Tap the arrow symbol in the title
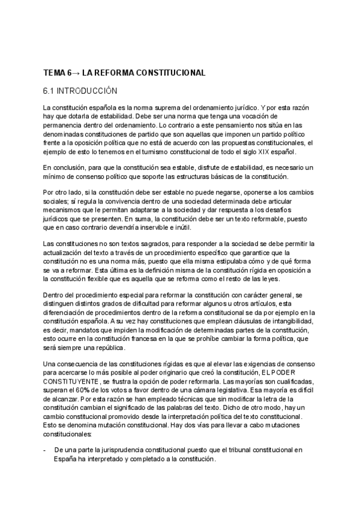pyautogui.click(x=75, y=73)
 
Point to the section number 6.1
pyautogui.click(x=50, y=91)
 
